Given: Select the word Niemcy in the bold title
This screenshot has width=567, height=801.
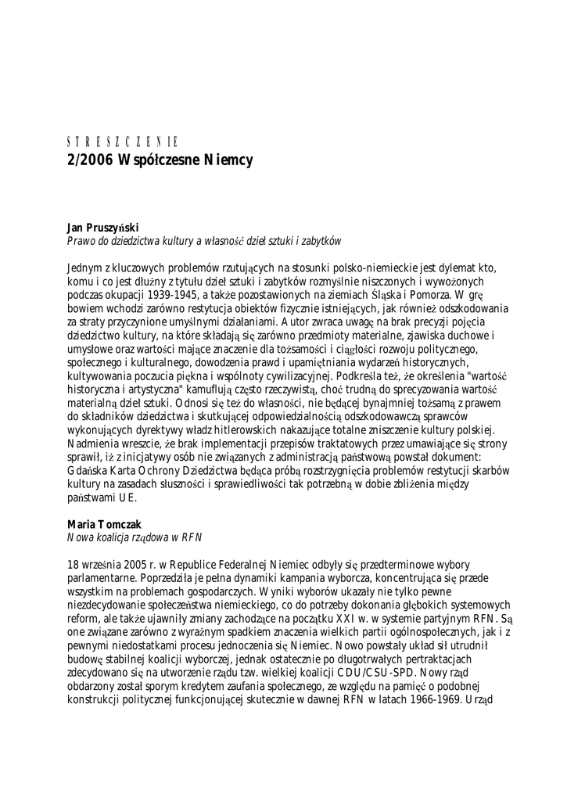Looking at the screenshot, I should point(227,160).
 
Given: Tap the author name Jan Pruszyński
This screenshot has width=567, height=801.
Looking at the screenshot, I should point(102,228).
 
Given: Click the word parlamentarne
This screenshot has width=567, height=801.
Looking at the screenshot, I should point(103,582).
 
